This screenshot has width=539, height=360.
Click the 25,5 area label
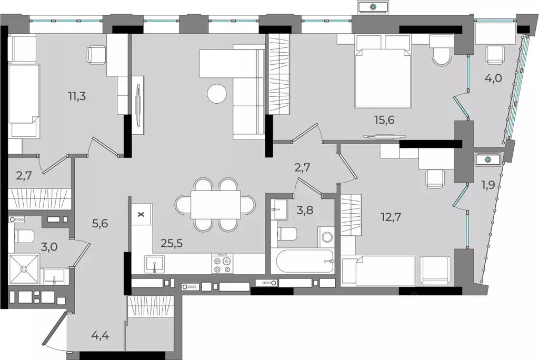tap(172, 244)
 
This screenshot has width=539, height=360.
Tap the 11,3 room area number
tap(77, 96)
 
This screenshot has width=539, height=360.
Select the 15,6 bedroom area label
tap(384, 120)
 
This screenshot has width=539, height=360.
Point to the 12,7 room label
tap(391, 217)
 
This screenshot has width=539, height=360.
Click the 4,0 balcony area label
tap(493, 78)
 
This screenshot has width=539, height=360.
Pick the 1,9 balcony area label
tap(488, 185)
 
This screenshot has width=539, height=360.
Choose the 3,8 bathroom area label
tap(305, 209)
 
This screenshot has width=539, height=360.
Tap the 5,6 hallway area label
tap(99, 224)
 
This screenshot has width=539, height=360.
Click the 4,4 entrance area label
tap(101, 335)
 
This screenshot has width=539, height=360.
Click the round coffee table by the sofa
tap(217, 93)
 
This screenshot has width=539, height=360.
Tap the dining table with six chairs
tap(215, 204)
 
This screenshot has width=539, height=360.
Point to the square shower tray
tap(24, 269)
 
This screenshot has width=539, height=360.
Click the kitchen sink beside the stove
tap(155, 264)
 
